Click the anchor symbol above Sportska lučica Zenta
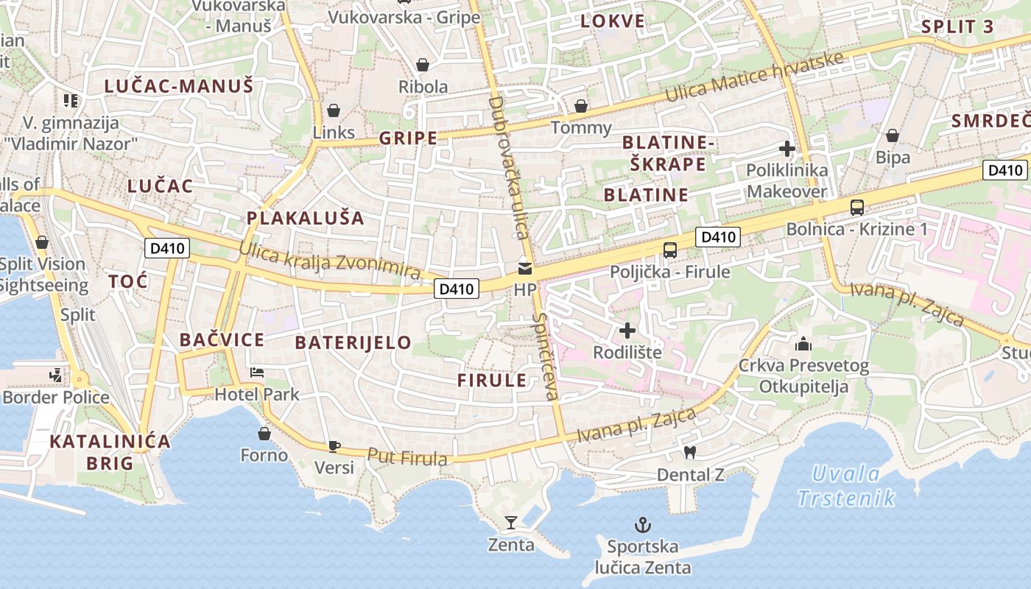[x=644, y=525]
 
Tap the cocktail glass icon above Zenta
[x=511, y=523]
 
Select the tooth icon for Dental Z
[x=690, y=452]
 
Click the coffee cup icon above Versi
[x=334, y=445]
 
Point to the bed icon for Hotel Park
[x=257, y=372]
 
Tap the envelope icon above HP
[x=525, y=268]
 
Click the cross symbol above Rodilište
[x=627, y=331]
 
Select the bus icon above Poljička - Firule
[x=669, y=250]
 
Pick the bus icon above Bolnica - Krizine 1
[x=857, y=207]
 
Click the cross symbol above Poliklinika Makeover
[x=787, y=149]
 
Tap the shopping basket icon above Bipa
[x=893, y=135]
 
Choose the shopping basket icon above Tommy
[x=581, y=106]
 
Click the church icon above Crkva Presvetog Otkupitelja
[x=803, y=344]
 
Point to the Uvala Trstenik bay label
[x=846, y=486]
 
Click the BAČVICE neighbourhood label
[x=222, y=340]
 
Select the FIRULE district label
[x=492, y=381]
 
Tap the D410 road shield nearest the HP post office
[x=456, y=289]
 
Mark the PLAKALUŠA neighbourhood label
[x=306, y=218]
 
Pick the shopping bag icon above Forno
[x=264, y=434]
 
